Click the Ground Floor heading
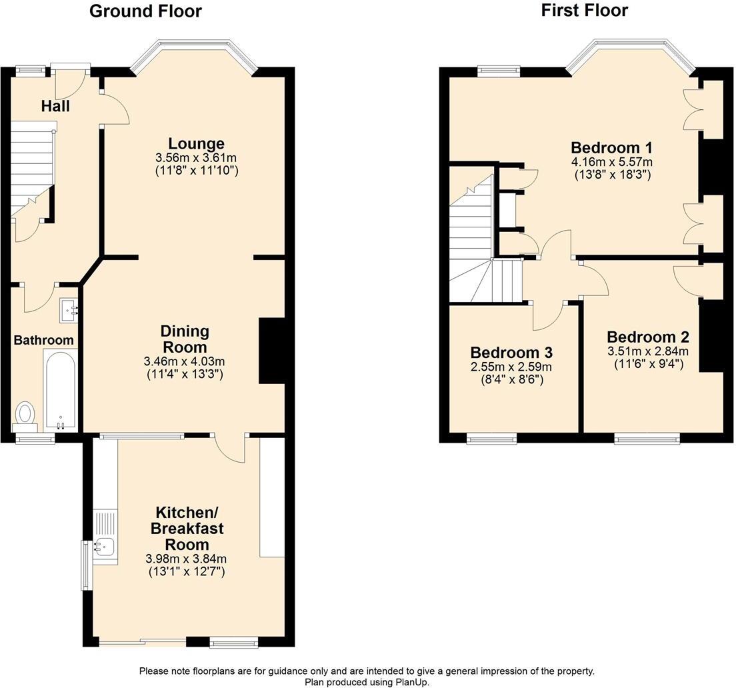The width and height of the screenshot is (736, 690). point(145,11)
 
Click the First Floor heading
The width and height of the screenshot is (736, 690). point(584,10)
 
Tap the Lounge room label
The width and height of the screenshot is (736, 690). point(196,143)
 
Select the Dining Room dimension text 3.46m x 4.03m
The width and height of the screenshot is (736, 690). point(184,361)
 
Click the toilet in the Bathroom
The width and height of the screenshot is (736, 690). point(26,413)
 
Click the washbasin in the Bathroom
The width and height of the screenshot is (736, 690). point(69,310)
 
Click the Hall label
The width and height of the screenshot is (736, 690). point(55,106)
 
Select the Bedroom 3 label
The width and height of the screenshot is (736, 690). point(511,353)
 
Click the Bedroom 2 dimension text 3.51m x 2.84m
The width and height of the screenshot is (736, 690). point(647,351)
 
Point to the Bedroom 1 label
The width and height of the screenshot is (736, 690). point(611,147)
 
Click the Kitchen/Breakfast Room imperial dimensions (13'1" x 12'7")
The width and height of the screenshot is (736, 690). point(185,571)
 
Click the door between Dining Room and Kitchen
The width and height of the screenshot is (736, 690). point(230,448)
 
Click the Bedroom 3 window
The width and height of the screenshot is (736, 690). point(491,438)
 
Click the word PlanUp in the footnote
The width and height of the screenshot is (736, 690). point(413,682)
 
